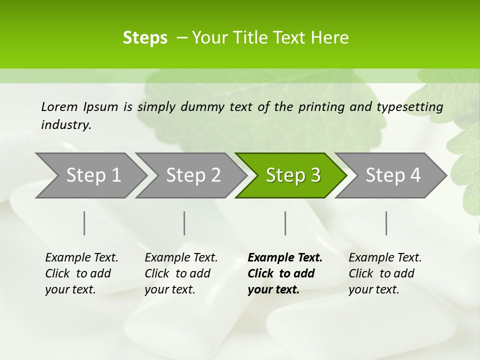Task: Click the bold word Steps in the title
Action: click(145, 37)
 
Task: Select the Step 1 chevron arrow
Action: click(93, 175)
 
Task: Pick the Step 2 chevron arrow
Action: click(193, 175)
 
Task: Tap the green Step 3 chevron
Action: click(293, 175)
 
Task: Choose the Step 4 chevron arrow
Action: click(393, 175)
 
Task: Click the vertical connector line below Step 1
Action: click(84, 223)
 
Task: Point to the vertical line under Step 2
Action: click(184, 223)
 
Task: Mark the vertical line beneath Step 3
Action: click(285, 223)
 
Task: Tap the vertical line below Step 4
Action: click(386, 223)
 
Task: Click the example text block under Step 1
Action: click(81, 273)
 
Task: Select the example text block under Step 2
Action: click(181, 273)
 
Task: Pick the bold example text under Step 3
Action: click(285, 273)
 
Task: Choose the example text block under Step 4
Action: click(385, 273)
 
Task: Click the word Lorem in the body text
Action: click(59, 106)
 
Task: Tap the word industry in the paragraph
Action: click(66, 125)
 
